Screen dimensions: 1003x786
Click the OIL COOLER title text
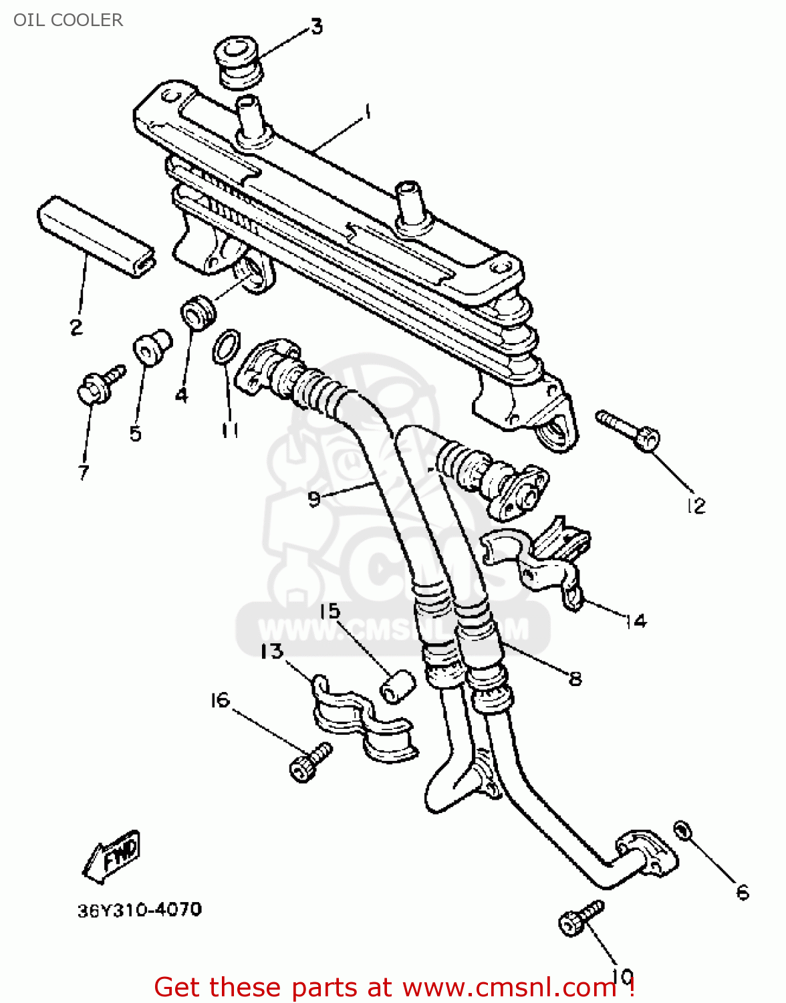tap(68, 20)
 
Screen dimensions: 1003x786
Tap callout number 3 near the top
tap(316, 27)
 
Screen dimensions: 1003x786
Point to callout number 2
tap(76, 327)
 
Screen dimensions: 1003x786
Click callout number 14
tap(636, 621)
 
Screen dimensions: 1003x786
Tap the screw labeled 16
tap(309, 762)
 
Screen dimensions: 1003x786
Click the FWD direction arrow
tap(111, 856)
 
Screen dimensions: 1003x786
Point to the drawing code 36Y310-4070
tap(140, 910)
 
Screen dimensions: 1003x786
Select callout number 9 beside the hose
tap(314, 498)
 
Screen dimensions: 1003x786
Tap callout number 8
tap(575, 679)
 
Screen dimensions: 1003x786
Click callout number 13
tap(272, 651)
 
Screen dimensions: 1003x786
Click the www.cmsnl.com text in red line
tap(509, 988)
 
